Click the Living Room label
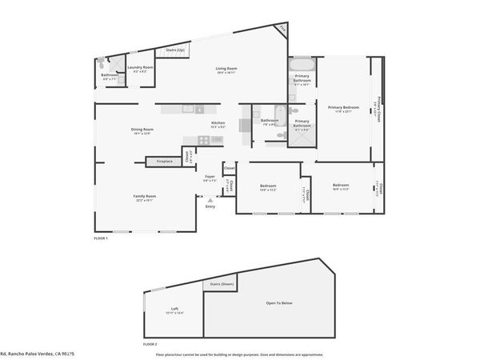pos(226,69)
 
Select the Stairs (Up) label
pos(175,50)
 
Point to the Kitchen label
pos(218,123)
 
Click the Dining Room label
pos(142,130)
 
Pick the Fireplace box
pos(163,161)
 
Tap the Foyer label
pos(210,177)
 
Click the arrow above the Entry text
pos(209,200)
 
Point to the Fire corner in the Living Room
pos(281,30)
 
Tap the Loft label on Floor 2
pos(174,309)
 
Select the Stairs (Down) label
pos(221,284)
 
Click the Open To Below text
pos(278,303)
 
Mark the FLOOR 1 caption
pos(101,238)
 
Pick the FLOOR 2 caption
pos(150,343)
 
